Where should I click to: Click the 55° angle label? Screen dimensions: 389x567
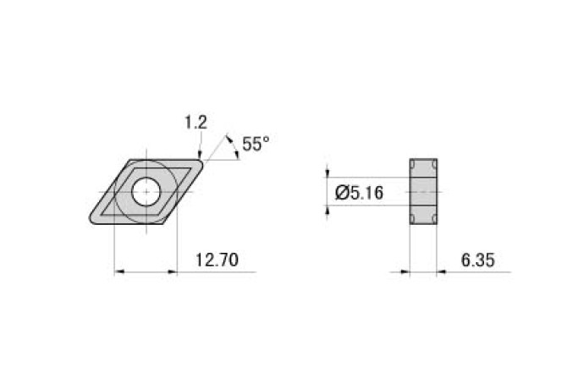255,144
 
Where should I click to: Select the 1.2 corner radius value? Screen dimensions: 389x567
195,123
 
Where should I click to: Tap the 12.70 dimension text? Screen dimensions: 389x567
216,260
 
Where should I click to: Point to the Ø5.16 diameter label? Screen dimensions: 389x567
360,193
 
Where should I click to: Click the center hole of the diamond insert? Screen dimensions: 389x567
146,192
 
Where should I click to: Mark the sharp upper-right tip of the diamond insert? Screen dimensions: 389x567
203,160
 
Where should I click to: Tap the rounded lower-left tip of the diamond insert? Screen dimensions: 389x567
91,222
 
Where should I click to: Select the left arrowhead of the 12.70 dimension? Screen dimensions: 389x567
118,271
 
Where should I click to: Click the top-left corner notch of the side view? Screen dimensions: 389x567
413,164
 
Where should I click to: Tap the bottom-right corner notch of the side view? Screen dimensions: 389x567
435,220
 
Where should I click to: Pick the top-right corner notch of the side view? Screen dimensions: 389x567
435,164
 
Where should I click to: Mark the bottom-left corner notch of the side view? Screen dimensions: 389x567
413,220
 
